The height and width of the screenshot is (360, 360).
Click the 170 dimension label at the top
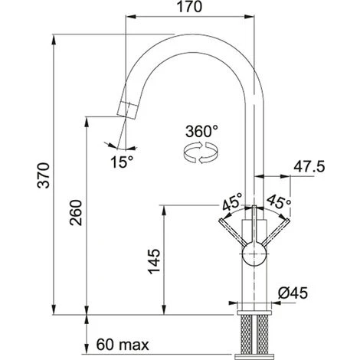189,7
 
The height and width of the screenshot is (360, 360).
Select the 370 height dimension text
44,175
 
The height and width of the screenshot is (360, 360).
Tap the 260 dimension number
76,213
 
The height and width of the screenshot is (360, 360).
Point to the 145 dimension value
154,261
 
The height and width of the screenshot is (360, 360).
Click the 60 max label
123,345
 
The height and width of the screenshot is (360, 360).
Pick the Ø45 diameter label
293,293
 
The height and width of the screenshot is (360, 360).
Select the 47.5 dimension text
309,167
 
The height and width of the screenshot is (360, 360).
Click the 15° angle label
122,162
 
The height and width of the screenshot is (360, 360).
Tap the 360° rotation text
201,131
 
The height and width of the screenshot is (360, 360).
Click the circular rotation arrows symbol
201,153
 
